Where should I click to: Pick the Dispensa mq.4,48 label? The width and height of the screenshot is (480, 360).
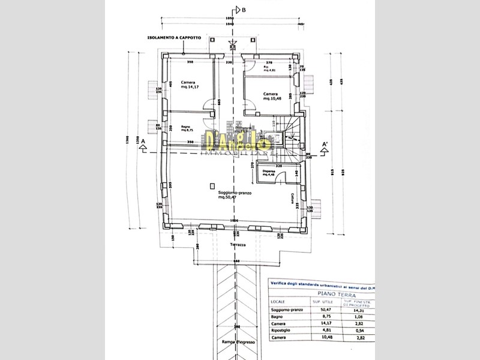269,173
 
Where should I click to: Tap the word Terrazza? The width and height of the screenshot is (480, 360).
238,245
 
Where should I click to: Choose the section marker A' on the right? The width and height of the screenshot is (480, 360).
325,145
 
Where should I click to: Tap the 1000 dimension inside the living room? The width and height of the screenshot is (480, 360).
233,220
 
